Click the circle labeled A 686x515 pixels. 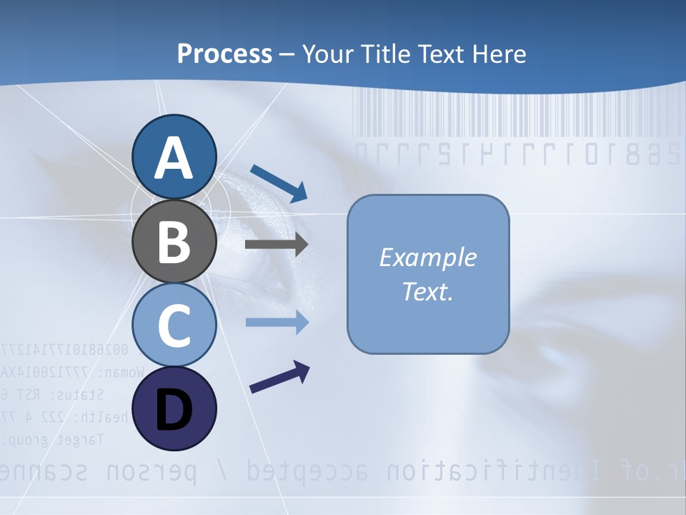[x=174, y=157]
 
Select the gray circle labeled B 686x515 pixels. [x=174, y=241]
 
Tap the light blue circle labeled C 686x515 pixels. [x=174, y=325]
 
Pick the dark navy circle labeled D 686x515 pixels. [x=174, y=408]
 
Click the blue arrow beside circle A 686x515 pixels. [x=279, y=182]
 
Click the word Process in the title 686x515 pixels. [x=224, y=54]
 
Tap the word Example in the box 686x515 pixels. [x=427, y=257]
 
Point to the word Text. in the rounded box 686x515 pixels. [x=427, y=291]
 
